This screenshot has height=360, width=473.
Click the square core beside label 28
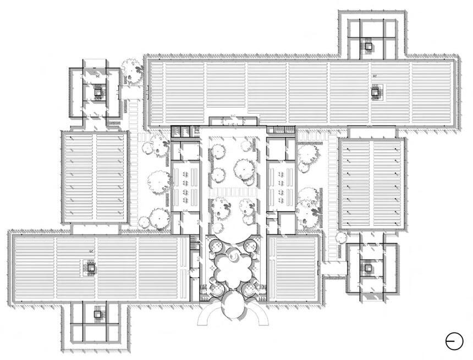376,92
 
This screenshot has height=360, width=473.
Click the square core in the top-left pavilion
98,93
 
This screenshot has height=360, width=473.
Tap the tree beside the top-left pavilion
131,68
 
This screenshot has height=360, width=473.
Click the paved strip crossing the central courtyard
232,192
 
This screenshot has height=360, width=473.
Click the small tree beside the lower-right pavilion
340,237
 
